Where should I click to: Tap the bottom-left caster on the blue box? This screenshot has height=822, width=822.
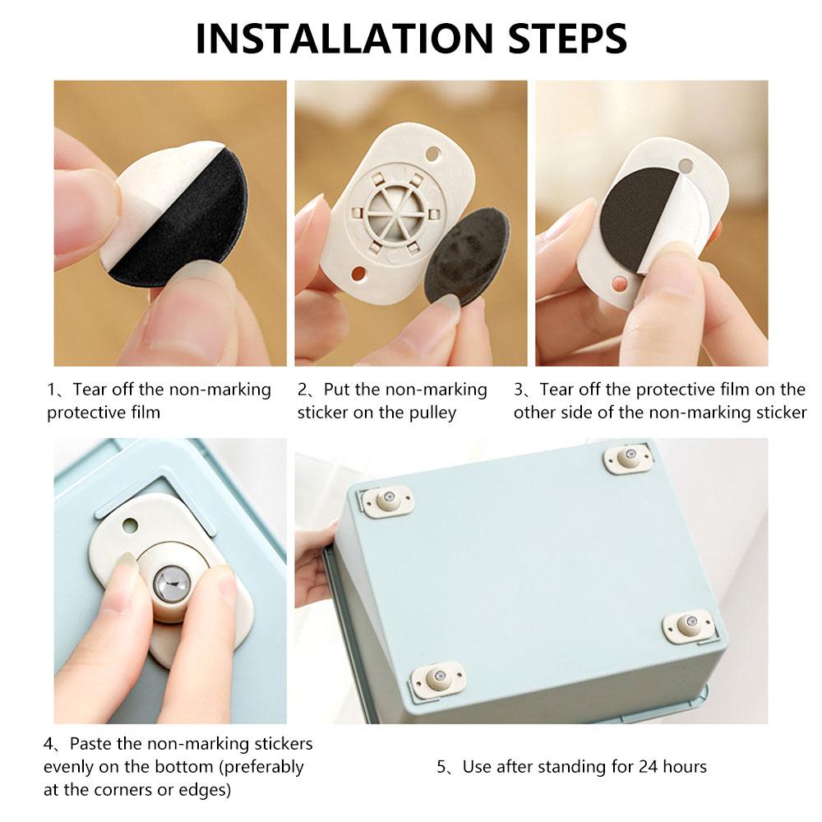point(436,679)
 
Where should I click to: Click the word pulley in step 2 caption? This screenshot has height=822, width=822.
point(429,413)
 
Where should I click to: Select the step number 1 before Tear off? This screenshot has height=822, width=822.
point(51,390)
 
